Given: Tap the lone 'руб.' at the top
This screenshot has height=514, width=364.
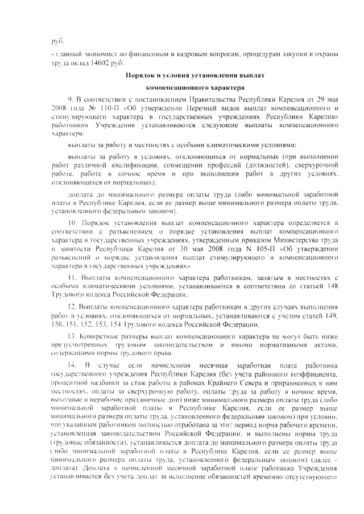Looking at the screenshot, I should (56, 41).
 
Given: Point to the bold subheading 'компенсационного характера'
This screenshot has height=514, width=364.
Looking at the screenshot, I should (196, 88).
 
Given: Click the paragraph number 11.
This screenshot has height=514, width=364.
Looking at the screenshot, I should (72, 277).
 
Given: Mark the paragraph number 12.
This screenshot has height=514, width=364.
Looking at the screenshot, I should (72, 307).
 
